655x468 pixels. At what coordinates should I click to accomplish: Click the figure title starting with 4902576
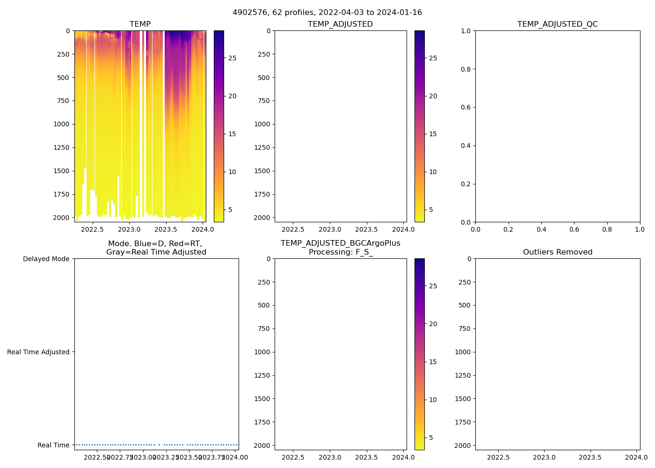[327, 13]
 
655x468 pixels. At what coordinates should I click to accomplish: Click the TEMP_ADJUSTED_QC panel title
[557, 24]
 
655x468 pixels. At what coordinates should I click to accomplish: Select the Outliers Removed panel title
[557, 252]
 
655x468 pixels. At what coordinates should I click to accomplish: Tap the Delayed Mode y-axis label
[46, 259]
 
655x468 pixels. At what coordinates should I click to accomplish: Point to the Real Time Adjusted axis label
[38, 352]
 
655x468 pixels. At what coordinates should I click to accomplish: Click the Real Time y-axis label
[53, 445]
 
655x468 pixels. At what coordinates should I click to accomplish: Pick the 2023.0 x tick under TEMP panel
[129, 229]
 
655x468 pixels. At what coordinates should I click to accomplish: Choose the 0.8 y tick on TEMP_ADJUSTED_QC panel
[466, 69]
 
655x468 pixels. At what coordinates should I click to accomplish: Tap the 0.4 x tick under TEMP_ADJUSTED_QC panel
[541, 229]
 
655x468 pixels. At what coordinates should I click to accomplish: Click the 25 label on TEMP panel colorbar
[232, 58]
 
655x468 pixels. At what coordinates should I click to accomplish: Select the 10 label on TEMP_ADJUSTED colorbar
[433, 172]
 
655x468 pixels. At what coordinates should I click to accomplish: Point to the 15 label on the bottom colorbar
[433, 362]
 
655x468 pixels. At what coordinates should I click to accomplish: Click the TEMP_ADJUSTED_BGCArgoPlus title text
[340, 243]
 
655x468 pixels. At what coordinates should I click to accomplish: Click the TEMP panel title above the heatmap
[140, 24]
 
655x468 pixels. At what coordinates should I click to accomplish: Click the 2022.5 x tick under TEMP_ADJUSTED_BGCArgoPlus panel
[293, 457]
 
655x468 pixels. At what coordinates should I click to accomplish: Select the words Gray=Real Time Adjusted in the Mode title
[156, 252]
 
